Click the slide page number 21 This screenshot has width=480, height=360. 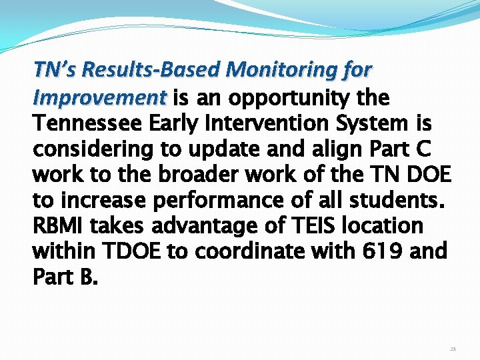point(453,349)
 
